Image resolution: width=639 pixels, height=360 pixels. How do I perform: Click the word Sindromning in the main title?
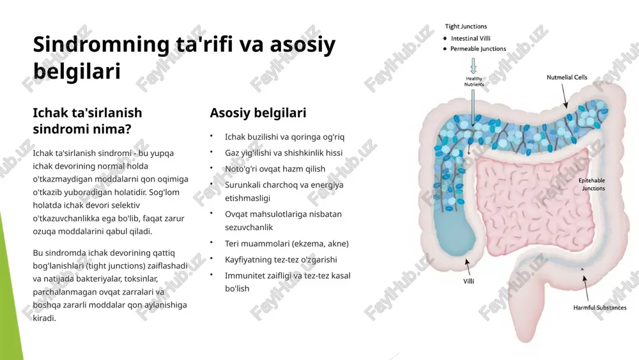coord(101,45)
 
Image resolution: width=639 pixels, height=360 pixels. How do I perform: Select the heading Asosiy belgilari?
coord(258,113)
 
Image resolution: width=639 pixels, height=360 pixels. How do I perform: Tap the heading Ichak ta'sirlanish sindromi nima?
coord(88,121)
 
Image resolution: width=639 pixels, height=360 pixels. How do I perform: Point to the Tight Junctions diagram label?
coord(466,26)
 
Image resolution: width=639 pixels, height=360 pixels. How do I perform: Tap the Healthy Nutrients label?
coord(474,82)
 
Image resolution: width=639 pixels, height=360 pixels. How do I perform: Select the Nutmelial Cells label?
coord(567,77)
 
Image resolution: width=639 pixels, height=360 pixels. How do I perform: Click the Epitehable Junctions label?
coord(592,184)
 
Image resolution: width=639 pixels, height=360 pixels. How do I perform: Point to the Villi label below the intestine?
coord(468,281)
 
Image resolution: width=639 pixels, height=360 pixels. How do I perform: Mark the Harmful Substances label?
coord(600,308)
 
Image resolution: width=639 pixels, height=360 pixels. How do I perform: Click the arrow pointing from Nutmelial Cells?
coord(564,96)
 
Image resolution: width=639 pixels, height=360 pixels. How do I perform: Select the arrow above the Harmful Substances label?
coord(585,288)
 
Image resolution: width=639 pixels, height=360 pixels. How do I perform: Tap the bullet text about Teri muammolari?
coord(287,244)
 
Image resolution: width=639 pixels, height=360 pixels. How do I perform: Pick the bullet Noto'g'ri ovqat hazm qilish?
coord(275,169)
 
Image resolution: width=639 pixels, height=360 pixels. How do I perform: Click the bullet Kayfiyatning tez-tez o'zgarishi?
coord(281,260)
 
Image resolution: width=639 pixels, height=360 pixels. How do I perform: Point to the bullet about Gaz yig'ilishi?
coord(284,153)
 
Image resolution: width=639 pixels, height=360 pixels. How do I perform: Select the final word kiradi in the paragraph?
coord(45,318)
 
